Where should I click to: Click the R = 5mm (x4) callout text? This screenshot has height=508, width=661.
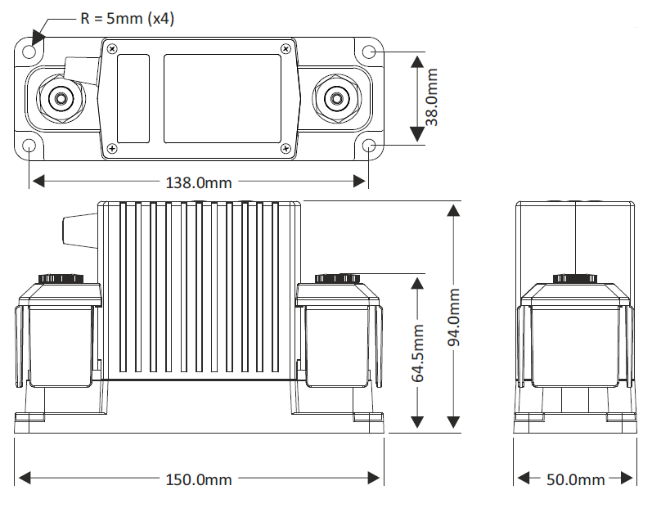[128, 19]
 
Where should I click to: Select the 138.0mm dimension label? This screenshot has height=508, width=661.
[199, 183]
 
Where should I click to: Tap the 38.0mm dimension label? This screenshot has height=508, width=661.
[432, 97]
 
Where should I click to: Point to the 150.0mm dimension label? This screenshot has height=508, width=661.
[199, 479]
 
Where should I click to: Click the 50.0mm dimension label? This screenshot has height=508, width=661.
[575, 479]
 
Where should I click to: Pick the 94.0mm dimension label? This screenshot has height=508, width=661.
[454, 317]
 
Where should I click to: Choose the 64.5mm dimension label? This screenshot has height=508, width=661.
[417, 353]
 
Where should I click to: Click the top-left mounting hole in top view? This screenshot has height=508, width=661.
[29, 52]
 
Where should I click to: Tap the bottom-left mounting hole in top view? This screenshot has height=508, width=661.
[29, 146]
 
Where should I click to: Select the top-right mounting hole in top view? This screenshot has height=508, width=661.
[369, 52]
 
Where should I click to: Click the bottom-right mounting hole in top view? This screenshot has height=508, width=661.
[369, 146]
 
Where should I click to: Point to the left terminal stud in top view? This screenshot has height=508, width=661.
[61, 99]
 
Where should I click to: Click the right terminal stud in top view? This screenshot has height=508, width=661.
[336, 99]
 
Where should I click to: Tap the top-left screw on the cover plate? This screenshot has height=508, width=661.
[112, 49]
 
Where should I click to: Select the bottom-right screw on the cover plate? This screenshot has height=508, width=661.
[286, 148]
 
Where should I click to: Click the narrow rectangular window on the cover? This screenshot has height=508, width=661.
[133, 99]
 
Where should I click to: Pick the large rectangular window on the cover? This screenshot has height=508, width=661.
[223, 99]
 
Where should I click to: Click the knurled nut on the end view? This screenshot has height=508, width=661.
[575, 279]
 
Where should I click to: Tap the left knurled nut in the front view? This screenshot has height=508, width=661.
[61, 279]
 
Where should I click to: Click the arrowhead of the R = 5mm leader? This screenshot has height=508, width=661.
[38, 37]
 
